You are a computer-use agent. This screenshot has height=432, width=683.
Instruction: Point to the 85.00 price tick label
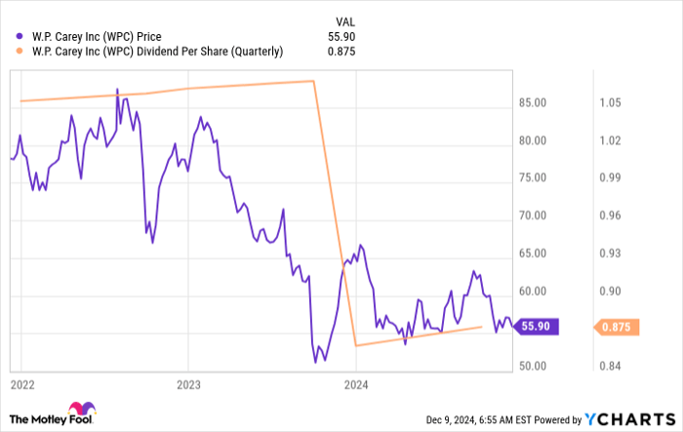[x=534, y=102]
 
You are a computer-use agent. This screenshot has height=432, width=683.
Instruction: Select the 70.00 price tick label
[x=534, y=216]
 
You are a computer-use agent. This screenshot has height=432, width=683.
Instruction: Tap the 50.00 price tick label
[x=534, y=367]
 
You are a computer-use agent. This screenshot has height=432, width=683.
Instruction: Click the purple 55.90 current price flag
[x=537, y=328]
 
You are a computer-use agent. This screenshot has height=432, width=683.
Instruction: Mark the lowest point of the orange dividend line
[x=355, y=345]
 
